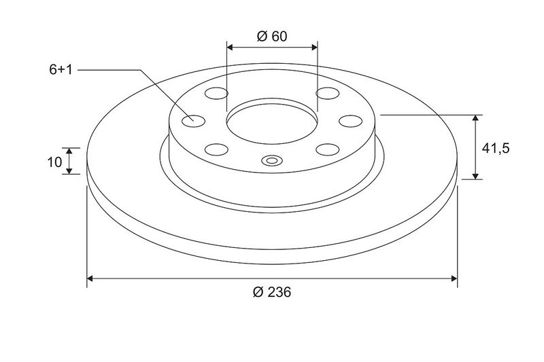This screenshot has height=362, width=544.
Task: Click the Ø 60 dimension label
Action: click(x=272, y=36)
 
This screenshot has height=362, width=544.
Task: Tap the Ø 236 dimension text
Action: click(x=272, y=292)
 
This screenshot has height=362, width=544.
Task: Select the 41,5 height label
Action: click(x=496, y=149)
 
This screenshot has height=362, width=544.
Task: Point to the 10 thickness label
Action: click(x=54, y=162)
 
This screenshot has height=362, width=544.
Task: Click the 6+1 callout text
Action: click(x=61, y=70)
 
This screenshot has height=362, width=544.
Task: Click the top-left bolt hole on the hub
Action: click(x=216, y=93)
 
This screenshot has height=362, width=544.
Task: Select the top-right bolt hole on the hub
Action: click(x=328, y=93)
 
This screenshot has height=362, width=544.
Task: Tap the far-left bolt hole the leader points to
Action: click(x=194, y=121)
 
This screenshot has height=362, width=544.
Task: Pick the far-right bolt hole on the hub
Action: click(x=350, y=121)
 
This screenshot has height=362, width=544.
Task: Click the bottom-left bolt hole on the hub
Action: click(x=216, y=149)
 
